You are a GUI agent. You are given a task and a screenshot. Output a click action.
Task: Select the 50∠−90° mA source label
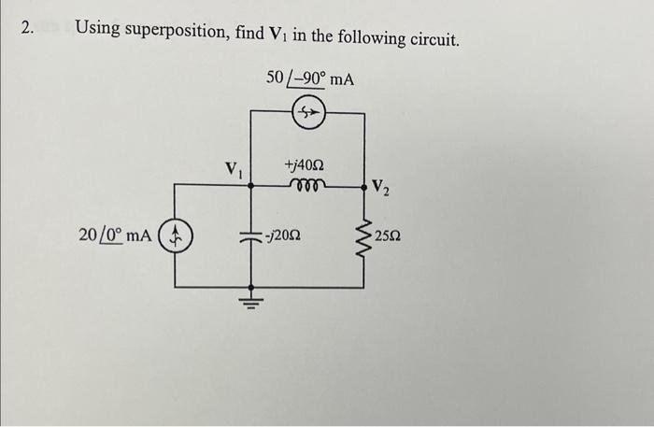[x=310, y=78]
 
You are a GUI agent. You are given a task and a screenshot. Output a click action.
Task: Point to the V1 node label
[x=233, y=171]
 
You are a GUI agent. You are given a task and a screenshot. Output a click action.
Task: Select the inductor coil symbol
[x=307, y=184]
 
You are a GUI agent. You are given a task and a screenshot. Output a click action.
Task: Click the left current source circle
[x=178, y=235]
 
